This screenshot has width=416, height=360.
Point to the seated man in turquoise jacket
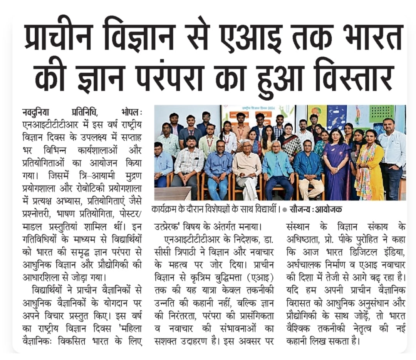click(x=278, y=166)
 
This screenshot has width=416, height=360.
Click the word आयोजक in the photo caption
click(x=329, y=210)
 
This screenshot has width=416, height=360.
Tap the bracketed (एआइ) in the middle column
click(x=260, y=278)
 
